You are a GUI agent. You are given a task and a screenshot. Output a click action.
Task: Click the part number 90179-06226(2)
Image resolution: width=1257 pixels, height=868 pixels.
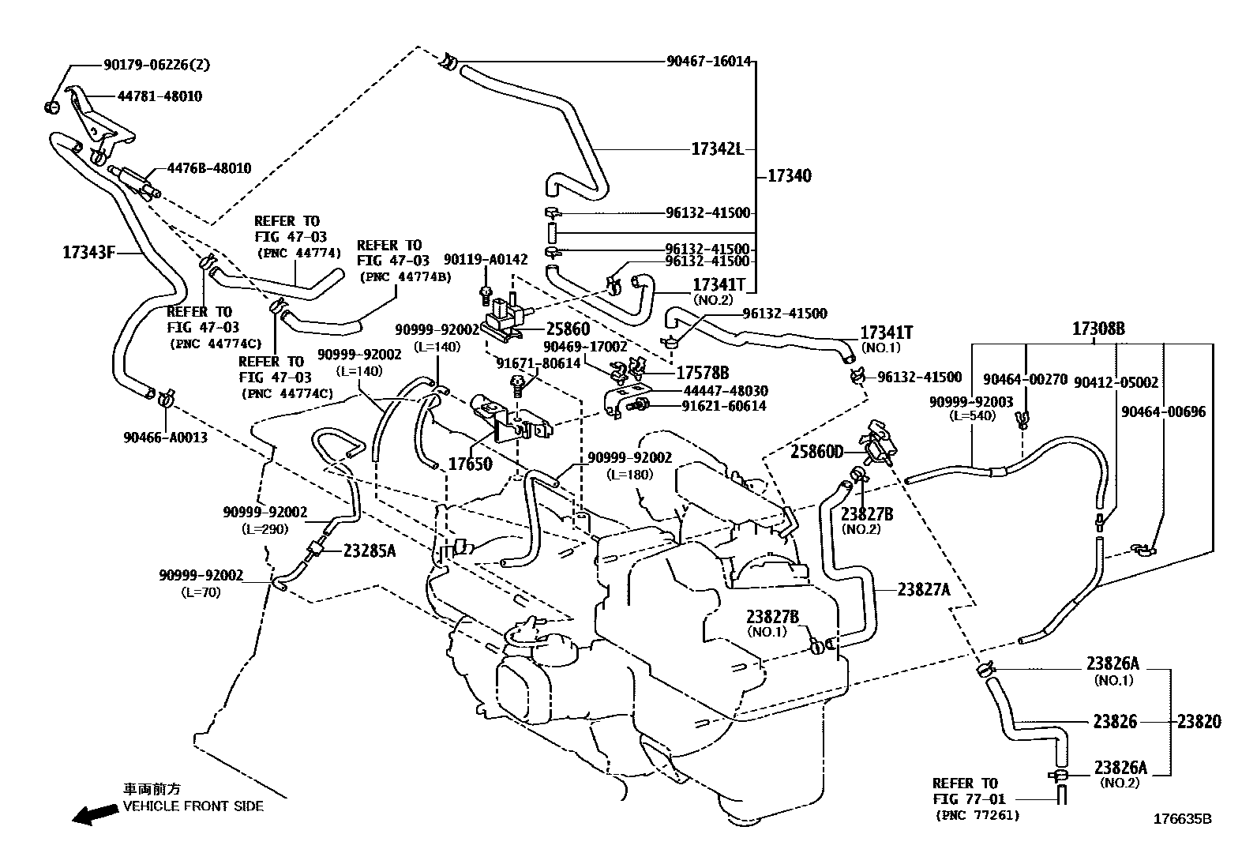pos(156,66)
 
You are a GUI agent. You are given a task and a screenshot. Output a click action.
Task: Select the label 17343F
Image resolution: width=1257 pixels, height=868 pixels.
pos(89,253)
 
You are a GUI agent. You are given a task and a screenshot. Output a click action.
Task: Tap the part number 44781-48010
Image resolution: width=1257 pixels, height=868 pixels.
pos(159,96)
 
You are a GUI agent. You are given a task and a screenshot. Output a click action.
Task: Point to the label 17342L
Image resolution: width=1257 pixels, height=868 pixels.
pos(717,148)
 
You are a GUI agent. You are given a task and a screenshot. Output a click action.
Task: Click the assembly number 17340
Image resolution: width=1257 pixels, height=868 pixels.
pos(789,176)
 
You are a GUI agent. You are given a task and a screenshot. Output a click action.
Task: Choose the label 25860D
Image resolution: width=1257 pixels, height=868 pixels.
pos(817,452)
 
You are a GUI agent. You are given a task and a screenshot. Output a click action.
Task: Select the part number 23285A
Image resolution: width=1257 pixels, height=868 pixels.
pos(369,551)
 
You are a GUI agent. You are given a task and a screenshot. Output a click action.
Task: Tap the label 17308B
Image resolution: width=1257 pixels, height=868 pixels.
pos(1098,329)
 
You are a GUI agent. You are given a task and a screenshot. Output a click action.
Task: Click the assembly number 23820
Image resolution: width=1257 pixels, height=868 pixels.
pos(1199,721)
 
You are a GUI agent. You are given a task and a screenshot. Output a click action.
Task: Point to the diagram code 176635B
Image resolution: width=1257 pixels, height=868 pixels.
pos(1182,819)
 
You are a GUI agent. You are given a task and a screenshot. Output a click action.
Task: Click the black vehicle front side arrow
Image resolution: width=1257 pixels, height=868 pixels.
pos(93,815)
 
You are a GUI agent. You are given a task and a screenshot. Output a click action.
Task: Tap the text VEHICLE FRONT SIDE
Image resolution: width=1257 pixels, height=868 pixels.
pos(193,806)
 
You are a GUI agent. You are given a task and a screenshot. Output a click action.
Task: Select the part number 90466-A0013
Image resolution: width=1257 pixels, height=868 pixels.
pos(165,437)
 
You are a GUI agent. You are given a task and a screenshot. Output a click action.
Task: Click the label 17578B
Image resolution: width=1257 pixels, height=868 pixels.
pos(702,373)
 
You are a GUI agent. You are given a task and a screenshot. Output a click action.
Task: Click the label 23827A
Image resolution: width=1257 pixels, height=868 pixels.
pos(924,588)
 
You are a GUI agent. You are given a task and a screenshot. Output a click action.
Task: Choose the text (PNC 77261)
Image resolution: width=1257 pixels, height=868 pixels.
pos(977,815)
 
